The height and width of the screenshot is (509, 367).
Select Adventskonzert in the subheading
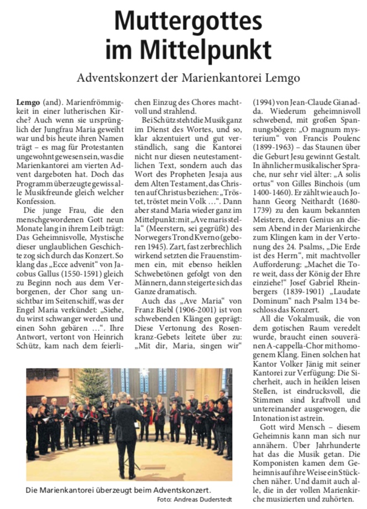point(115,77)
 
